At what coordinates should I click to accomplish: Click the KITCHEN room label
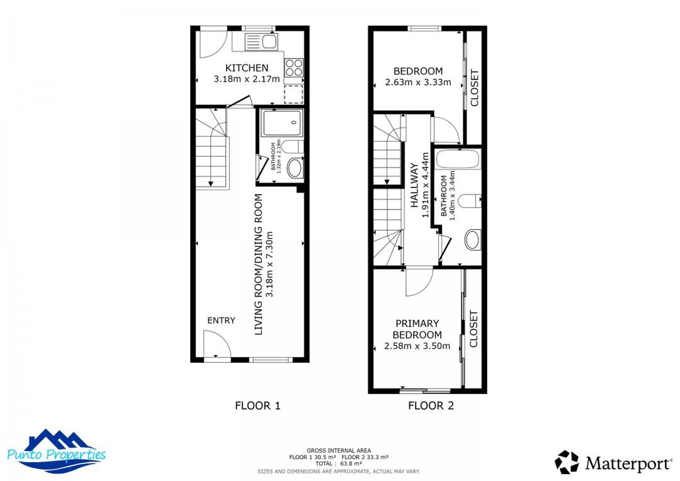(x=247, y=68)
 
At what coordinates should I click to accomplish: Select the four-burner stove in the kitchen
(x=293, y=67)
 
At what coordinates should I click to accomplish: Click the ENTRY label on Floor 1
(x=221, y=320)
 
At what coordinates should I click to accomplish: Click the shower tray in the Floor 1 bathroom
(x=280, y=123)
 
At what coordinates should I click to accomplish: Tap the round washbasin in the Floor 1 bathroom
(x=294, y=168)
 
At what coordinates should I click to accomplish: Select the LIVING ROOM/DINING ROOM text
(x=258, y=264)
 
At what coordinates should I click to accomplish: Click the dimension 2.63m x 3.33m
(x=418, y=82)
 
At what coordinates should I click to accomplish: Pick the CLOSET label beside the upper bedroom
(x=475, y=88)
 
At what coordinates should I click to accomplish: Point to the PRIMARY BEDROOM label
(x=417, y=329)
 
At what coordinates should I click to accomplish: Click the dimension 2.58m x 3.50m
(x=417, y=346)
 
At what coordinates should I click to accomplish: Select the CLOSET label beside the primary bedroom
(x=474, y=329)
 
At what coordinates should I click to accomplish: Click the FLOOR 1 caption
(x=258, y=405)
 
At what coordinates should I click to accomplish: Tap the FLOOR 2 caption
(x=431, y=405)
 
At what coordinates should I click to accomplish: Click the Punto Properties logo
(x=57, y=451)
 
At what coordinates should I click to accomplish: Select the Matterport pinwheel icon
(x=567, y=462)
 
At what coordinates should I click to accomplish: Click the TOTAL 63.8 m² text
(x=338, y=463)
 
